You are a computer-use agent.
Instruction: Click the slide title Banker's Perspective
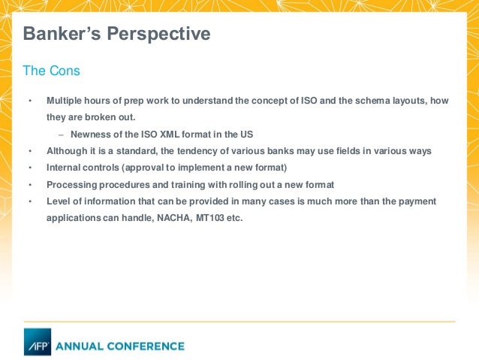coord(116,34)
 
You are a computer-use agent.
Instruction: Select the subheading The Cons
coord(51,71)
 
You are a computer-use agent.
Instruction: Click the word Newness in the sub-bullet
coord(92,135)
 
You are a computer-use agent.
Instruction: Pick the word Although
coord(67,151)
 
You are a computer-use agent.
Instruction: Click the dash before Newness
coord(61,135)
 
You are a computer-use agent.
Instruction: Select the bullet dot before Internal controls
coord(30,168)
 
